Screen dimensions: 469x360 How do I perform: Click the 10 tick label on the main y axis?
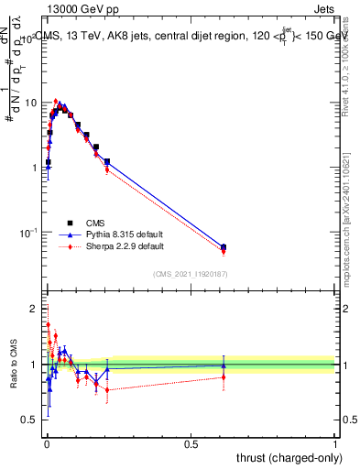point(30,103)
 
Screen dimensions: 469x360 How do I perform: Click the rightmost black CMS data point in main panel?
point(224,246)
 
